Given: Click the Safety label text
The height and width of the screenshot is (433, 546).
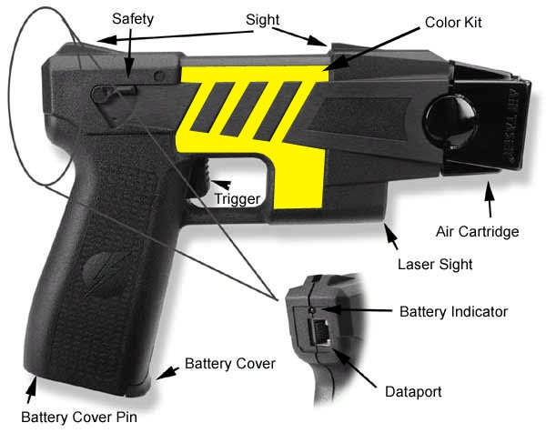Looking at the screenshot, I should pyautogui.click(x=133, y=18).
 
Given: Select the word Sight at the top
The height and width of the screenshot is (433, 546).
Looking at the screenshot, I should pyautogui.click(x=262, y=19).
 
